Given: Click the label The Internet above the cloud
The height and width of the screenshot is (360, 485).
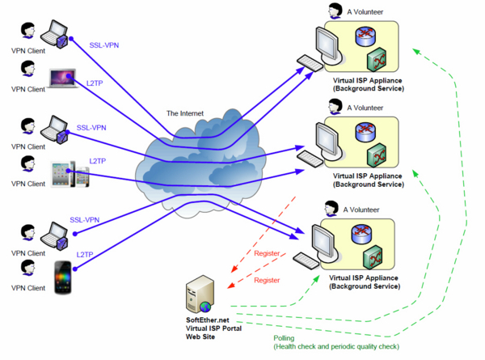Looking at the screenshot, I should pyautogui.click(x=185, y=113).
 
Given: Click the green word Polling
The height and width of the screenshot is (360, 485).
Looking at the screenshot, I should pyautogui.click(x=284, y=338).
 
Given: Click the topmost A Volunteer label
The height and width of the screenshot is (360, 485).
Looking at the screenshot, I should pyautogui.click(x=365, y=11).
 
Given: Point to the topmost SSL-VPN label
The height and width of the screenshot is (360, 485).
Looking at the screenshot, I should pyautogui.click(x=105, y=46).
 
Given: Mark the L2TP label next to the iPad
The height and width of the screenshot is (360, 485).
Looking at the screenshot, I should pyautogui.click(x=99, y=161).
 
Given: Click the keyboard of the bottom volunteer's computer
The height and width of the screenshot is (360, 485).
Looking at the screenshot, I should pyautogui.click(x=306, y=259).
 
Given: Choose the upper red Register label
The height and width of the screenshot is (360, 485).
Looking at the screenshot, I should pyautogui.click(x=267, y=253).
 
